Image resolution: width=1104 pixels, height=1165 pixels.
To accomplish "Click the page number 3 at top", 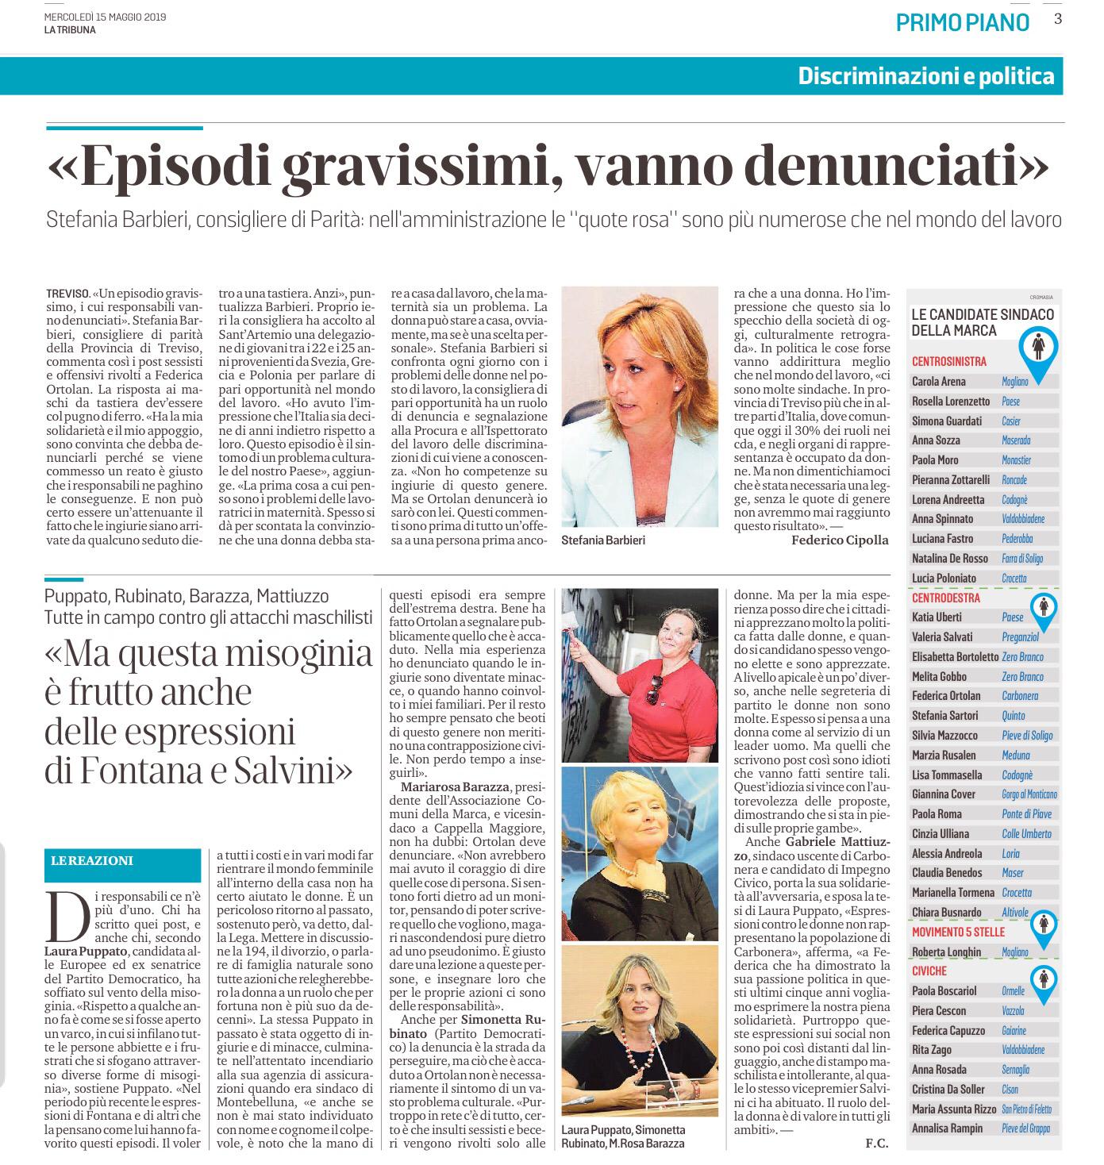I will pos(1057,19).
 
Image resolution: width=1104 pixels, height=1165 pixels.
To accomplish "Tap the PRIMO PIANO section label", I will pos(962,22).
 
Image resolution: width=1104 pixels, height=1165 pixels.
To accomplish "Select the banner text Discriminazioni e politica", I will pos(926,76).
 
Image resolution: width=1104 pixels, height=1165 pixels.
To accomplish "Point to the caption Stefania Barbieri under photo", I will pos(602,540).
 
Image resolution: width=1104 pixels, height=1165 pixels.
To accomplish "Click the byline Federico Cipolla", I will pos(840,540).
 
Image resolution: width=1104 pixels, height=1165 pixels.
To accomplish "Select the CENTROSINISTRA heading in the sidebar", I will pos(949,362).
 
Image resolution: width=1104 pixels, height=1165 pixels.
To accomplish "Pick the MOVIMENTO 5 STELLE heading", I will pos(958,932).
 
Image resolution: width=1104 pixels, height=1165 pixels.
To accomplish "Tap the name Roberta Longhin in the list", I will pos(946,952).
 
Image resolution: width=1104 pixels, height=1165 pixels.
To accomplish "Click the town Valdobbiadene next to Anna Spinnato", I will pos(1023,519).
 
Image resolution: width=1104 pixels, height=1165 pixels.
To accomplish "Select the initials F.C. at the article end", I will pos(876,1144).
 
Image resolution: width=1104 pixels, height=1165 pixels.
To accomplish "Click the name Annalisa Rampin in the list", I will pos(947,1128).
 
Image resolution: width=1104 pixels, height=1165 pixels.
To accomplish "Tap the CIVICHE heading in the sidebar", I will pos(929,971).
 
